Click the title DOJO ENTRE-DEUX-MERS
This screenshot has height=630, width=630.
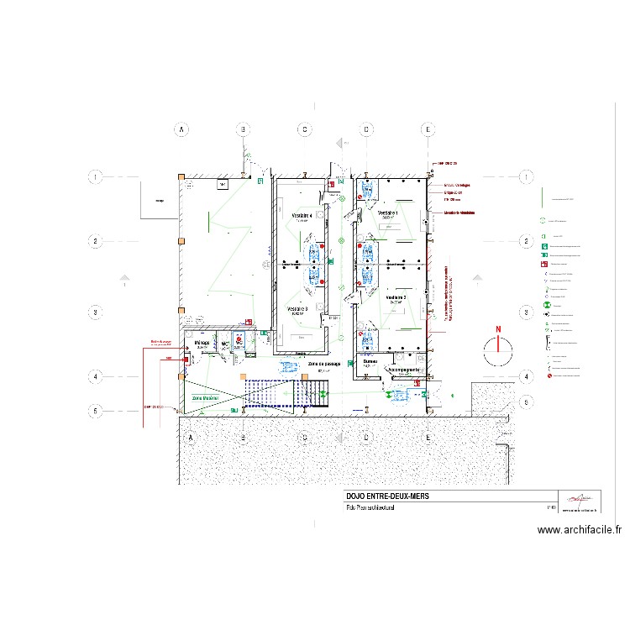(x=386, y=496)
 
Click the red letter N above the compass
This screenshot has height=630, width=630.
(x=497, y=329)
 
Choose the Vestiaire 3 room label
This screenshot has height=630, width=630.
(x=298, y=309)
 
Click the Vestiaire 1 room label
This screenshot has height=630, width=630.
(x=387, y=214)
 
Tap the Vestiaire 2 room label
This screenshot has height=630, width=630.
(x=396, y=297)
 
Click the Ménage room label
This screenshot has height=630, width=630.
(x=202, y=343)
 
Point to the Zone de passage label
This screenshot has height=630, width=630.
(x=323, y=364)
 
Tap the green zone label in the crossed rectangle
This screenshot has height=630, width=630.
(x=205, y=397)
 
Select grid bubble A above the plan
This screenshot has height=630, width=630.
(x=180, y=129)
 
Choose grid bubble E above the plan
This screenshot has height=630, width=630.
(x=428, y=129)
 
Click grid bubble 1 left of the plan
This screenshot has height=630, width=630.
(x=97, y=177)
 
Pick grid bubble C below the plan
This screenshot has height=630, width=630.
(x=305, y=438)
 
